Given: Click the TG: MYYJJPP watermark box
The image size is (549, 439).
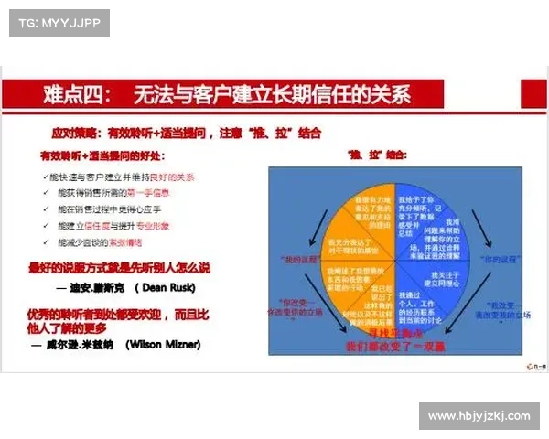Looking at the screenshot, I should tap(58, 22).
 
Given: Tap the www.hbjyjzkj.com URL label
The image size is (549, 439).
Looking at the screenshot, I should tap(479, 416).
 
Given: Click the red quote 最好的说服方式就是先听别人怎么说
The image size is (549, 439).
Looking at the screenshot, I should tap(119, 268).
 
